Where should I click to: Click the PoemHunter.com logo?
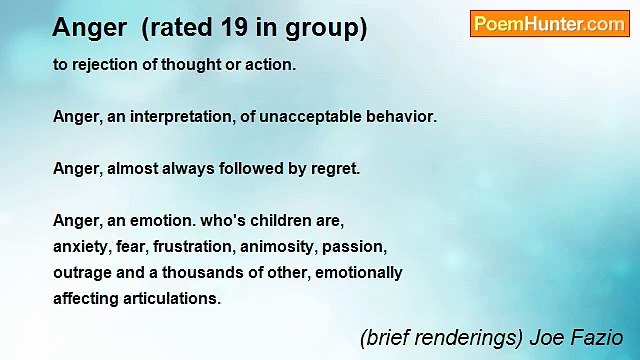click(x=549, y=24)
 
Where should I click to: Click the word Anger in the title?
click(x=89, y=28)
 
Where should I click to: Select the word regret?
click(x=333, y=169)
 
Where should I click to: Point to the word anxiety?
click(x=81, y=246)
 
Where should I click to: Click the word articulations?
click(x=171, y=298)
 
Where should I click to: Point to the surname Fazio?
click(x=601, y=337)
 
